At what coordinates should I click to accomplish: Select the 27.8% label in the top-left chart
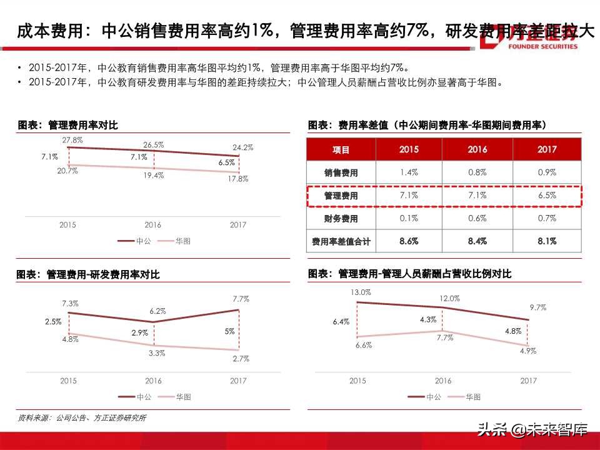pyautogui.click(x=72, y=140)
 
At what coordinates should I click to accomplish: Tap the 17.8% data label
pyautogui.click(x=238, y=179)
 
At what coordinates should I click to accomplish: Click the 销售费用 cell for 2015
pyautogui.click(x=409, y=172)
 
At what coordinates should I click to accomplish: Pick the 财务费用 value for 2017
pyautogui.click(x=547, y=218)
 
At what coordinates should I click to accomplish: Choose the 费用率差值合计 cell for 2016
pyautogui.click(x=477, y=241)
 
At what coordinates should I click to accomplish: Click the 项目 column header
pyautogui.click(x=341, y=150)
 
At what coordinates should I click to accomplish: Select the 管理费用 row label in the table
pyautogui.click(x=341, y=196)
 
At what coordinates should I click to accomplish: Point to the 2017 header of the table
pyautogui.click(x=547, y=150)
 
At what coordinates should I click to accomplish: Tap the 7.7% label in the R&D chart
pyautogui.click(x=241, y=299)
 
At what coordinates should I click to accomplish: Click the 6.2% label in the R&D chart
pyautogui.click(x=157, y=311)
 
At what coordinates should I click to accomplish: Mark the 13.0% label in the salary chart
pyautogui.click(x=361, y=292)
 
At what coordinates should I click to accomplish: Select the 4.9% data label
pyautogui.click(x=528, y=351)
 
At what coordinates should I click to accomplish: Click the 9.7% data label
pyautogui.click(x=537, y=307)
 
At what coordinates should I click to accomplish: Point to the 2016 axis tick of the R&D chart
pyautogui.click(x=153, y=381)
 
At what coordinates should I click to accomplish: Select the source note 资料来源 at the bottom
pyautogui.click(x=81, y=417)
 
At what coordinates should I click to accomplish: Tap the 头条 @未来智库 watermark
pyautogui.click(x=532, y=430)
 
